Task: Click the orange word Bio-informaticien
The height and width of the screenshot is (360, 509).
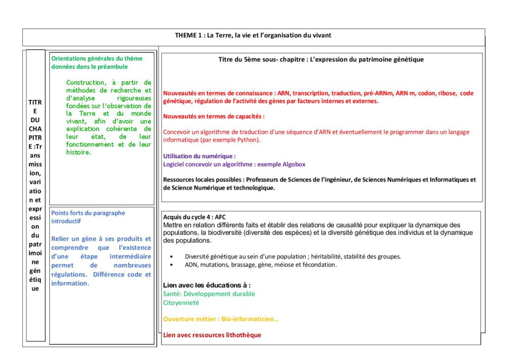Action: click(252, 319)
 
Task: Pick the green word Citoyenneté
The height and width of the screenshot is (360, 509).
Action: click(181, 302)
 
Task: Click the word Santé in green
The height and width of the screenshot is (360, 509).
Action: click(172, 294)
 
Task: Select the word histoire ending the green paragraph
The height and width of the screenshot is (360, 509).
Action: click(79, 152)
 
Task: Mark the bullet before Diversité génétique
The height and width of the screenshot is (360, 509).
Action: click(171, 257)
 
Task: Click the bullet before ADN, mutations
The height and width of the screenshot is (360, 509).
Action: click(171, 265)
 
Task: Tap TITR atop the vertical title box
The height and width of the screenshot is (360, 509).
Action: click(35, 102)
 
